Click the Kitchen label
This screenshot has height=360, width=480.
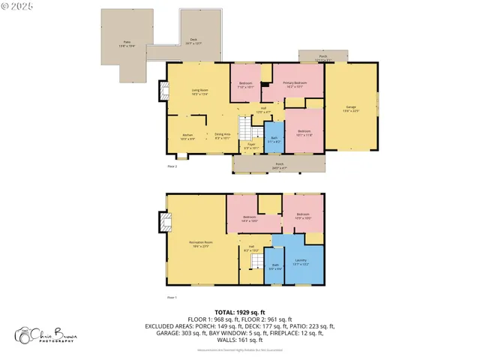pos(187,136)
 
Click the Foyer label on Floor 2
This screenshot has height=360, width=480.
pos(251,147)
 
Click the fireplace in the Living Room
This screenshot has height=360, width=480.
pos(161,91)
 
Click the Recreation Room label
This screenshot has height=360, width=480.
pos(199,245)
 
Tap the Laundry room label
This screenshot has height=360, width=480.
pos(301,262)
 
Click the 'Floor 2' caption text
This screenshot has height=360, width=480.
pos(172,166)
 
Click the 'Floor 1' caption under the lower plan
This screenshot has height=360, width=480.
pos(172,298)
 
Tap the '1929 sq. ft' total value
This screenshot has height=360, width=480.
pos(250,310)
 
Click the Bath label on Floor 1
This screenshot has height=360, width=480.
pos(274,265)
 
